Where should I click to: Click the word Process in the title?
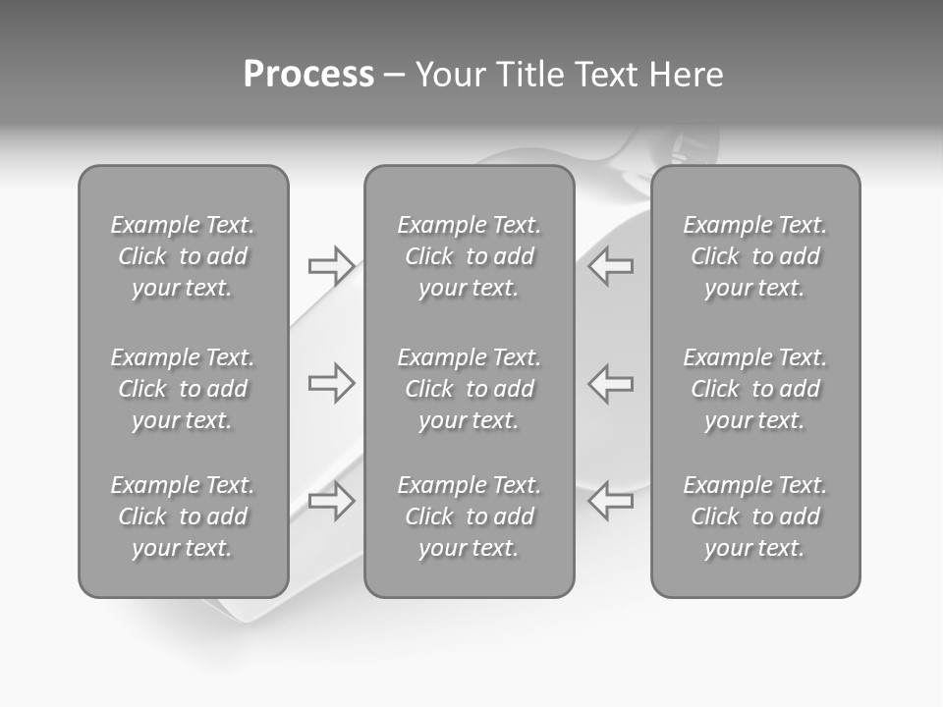308,75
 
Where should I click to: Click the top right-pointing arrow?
331,266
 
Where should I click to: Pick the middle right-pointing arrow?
331,383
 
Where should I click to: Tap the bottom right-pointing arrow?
331,501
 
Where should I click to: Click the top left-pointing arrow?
611,266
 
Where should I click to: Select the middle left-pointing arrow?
611,383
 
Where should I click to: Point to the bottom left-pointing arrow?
611,501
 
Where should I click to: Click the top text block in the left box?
183,256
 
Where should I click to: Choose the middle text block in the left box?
183,389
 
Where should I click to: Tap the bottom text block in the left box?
183,517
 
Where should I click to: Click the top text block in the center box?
469,256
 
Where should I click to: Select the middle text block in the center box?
469,389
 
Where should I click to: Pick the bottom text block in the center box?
469,517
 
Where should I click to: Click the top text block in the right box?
754,256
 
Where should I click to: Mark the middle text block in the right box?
754,389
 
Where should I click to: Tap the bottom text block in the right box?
754,517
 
